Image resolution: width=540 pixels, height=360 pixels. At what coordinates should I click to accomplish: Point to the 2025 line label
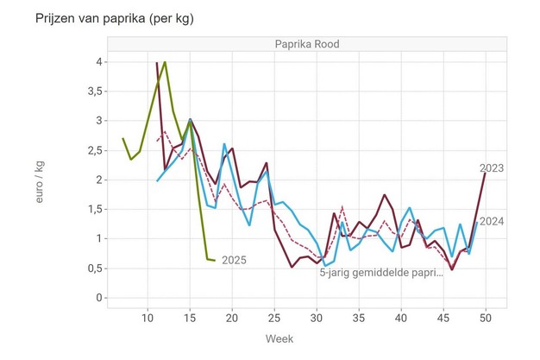235,259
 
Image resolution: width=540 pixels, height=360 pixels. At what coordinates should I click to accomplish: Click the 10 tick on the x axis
148,318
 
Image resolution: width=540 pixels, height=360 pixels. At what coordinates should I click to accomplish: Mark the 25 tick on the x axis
274,318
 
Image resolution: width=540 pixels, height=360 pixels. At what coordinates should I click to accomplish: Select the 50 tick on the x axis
486,318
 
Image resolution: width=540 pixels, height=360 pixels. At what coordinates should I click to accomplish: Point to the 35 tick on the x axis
359,318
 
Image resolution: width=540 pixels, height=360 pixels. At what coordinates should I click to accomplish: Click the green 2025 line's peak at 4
165,62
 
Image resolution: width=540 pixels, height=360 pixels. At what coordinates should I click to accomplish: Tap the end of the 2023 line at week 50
486,174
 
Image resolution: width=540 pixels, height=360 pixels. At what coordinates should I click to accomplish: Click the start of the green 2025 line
122,138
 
